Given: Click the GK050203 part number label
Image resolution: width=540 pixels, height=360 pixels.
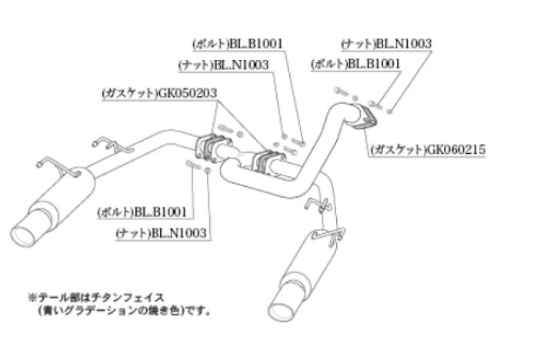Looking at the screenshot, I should pos(188,93).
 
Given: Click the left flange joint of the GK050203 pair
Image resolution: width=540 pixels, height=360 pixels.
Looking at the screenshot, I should pos(211,146).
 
